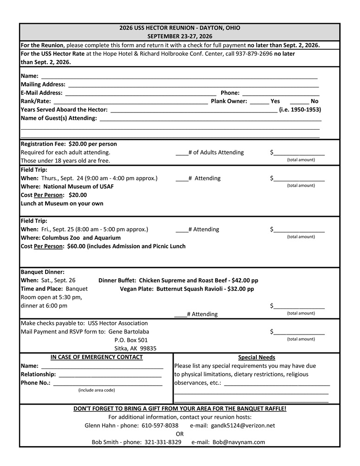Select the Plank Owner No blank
(x=300, y=101)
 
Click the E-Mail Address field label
(x=41, y=93)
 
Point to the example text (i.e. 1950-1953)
(x=300, y=110)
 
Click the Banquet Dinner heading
(x=43, y=272)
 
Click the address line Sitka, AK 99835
(x=135, y=348)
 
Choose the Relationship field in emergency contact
(x=110, y=374)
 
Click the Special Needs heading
(x=256, y=357)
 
